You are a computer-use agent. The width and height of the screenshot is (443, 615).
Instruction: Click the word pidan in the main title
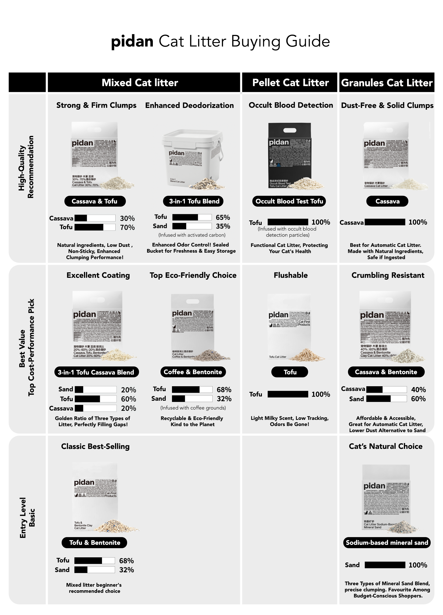[x=132, y=41]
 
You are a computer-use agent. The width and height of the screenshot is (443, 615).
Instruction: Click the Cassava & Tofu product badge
[x=95, y=201]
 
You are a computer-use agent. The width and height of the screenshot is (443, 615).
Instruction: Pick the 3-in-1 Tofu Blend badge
[x=194, y=201]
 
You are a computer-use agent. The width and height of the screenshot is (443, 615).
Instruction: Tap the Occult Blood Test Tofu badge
[x=289, y=201]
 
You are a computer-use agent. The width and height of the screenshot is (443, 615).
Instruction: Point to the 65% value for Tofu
[x=223, y=217]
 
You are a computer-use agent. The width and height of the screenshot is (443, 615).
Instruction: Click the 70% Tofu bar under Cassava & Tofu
[x=95, y=227]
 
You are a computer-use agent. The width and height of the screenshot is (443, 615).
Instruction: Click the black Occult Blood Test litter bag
[x=289, y=155]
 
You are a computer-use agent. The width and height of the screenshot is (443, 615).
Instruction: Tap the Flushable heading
[x=290, y=275]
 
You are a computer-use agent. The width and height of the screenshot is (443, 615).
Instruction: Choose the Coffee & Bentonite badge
[x=193, y=372]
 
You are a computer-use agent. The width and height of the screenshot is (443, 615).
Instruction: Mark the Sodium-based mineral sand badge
[x=387, y=543]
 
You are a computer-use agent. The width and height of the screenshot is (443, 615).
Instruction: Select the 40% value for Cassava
[x=418, y=390]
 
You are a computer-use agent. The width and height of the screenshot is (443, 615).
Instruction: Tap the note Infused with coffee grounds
[x=193, y=408]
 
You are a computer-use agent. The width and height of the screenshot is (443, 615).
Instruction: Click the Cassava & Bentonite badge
[x=386, y=372]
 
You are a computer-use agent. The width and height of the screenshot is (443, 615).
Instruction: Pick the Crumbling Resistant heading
[x=388, y=275]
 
